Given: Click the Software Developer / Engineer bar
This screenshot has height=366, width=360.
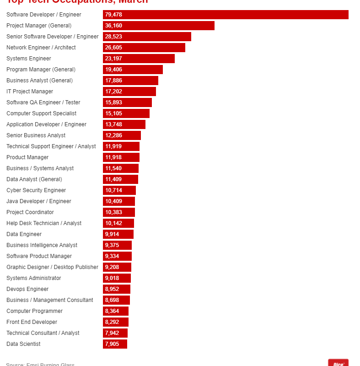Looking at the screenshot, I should tap(226, 15).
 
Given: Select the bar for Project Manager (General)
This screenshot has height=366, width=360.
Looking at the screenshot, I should tap(159, 26).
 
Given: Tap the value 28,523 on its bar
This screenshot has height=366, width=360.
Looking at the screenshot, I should tap(113, 37).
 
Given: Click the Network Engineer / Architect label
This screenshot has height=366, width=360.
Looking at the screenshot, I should tap(41, 48).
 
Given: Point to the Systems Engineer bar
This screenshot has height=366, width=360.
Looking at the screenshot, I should tap(139, 59).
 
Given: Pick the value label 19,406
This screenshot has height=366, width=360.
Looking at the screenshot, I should tap(113, 70).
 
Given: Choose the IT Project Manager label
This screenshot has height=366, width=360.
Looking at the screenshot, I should tap(30, 91).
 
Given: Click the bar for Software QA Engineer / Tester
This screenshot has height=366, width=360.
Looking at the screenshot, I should tap(127, 102).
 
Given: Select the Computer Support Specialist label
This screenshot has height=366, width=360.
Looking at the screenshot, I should tap(42, 113).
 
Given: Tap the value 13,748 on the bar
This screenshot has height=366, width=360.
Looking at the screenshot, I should tap(113, 124).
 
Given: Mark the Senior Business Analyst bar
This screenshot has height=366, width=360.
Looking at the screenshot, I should tap(122, 135).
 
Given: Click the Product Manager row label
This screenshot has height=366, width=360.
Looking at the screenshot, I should tap(27, 157).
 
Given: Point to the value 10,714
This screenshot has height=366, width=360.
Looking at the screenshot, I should tap(113, 190).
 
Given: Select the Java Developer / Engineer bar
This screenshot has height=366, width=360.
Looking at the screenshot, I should tap(119, 201).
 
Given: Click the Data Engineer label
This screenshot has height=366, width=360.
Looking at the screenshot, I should tap(24, 234).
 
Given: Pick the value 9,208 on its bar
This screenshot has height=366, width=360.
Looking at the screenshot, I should tap(112, 267).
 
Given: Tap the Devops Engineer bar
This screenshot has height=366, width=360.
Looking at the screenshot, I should tap(117, 289).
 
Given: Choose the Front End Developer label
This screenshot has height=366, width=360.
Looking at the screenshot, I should tap(32, 322).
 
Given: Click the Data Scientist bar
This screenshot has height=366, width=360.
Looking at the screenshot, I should tap(115, 344).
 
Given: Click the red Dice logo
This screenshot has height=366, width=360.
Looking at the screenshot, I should tap(338, 363).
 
